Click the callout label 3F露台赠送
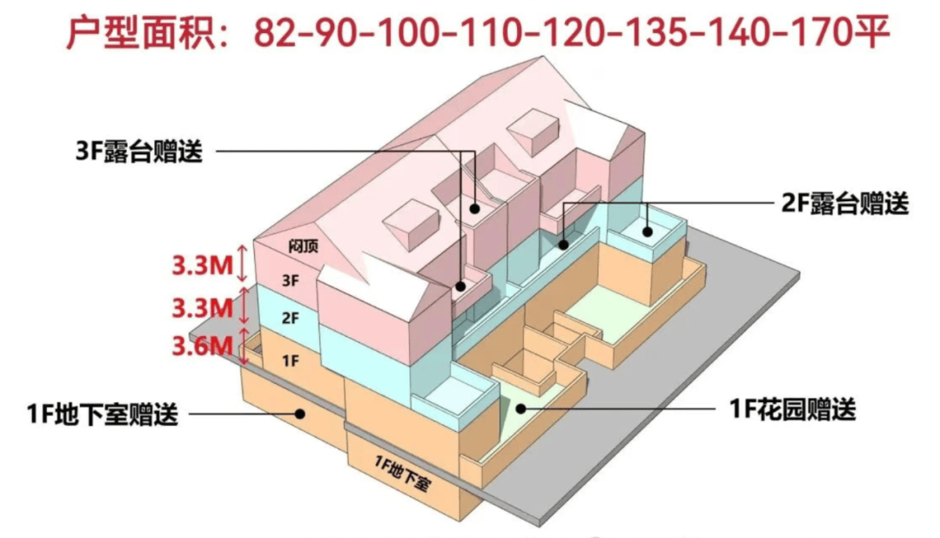(139, 151)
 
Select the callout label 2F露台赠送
(843, 204)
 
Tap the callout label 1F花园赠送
(791, 407)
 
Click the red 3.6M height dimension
(202, 346)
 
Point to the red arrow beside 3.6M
(243, 346)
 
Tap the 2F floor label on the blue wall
(290, 318)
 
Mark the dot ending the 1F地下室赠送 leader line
(300, 414)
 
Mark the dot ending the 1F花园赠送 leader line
(521, 407)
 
